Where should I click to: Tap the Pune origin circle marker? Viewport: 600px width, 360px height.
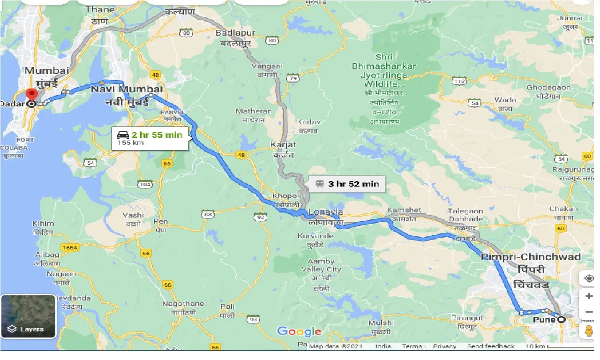pos(561,320)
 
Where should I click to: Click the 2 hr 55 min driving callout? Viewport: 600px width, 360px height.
pos(150,138)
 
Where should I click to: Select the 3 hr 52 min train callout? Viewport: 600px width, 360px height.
pos(347,184)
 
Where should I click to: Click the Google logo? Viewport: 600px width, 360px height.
pos(299,332)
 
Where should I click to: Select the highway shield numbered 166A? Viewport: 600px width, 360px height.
pos(69,247)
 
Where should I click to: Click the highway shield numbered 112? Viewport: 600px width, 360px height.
pos(459,82)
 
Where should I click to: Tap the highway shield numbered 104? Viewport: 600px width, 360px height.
pos(146,185)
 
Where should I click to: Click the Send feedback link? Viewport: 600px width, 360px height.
pos(490,346)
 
